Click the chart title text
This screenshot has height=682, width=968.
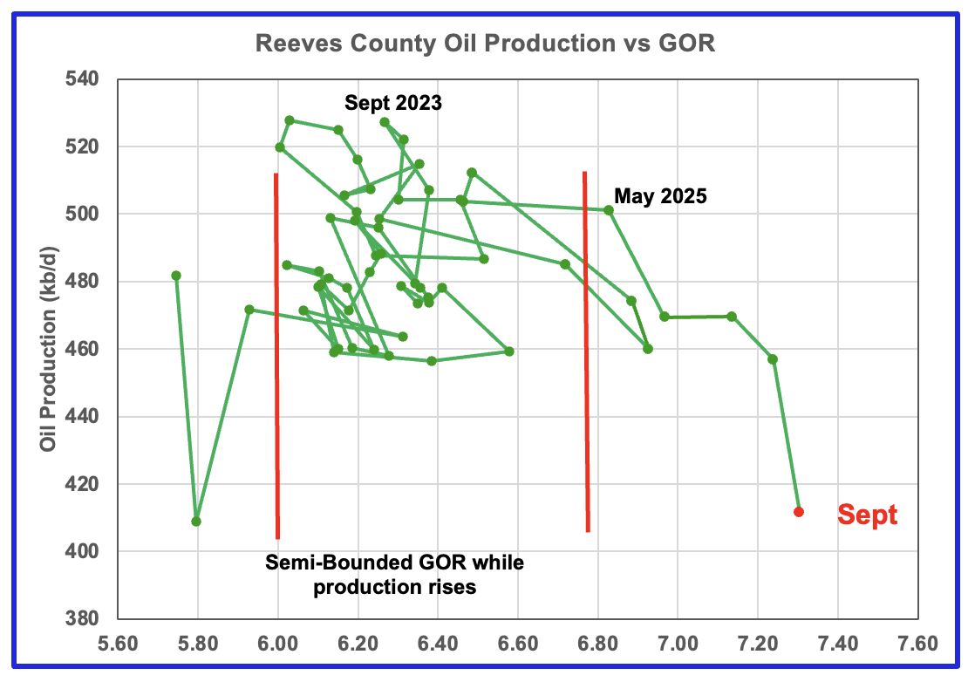pyautogui.click(x=485, y=44)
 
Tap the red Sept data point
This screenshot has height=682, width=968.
pyautogui.click(x=798, y=512)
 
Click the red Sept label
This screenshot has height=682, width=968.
pyautogui.click(x=867, y=515)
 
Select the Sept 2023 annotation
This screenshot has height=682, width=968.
pyautogui.click(x=393, y=103)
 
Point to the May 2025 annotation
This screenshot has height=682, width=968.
pyautogui.click(x=660, y=196)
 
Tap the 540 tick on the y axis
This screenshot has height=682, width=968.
pyautogui.click(x=85, y=79)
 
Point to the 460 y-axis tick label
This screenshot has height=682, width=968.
pyautogui.click(x=85, y=350)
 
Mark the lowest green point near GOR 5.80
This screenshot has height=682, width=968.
pyautogui.click(x=196, y=522)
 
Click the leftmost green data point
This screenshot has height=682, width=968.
pyautogui.click(x=176, y=276)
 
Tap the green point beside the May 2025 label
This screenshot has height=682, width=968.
pyautogui.click(x=609, y=210)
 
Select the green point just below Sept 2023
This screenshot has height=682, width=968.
pyautogui.click(x=385, y=122)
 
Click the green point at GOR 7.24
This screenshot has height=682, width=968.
pyautogui.click(x=773, y=359)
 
